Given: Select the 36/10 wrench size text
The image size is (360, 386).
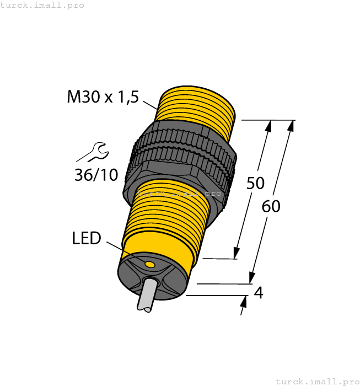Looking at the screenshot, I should [96, 175].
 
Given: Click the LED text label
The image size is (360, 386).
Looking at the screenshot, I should [87, 238].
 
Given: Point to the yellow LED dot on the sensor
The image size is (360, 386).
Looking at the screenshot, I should [149, 265].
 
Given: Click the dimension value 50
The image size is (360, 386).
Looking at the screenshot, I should [255, 183].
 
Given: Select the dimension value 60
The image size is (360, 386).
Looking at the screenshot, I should [271, 206].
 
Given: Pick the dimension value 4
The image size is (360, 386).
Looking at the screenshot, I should [258, 293].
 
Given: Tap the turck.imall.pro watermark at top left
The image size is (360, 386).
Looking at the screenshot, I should [42, 5].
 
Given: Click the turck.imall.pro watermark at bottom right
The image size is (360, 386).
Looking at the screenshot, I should [317, 381].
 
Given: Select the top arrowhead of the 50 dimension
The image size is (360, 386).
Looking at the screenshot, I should [269, 126].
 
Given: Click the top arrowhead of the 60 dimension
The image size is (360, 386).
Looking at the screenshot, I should [291, 126].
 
